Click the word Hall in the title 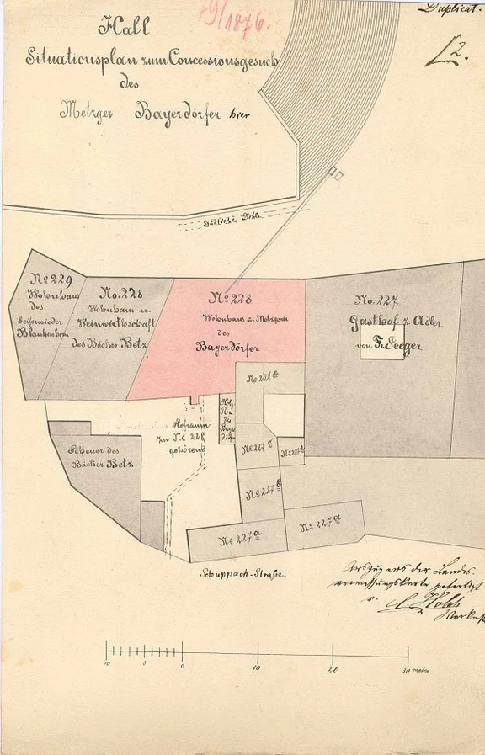pos(124,27)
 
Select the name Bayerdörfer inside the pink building pos(227,346)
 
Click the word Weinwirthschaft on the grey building pos(113,322)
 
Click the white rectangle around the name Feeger pos(387,346)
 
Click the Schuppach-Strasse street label pos(254,574)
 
